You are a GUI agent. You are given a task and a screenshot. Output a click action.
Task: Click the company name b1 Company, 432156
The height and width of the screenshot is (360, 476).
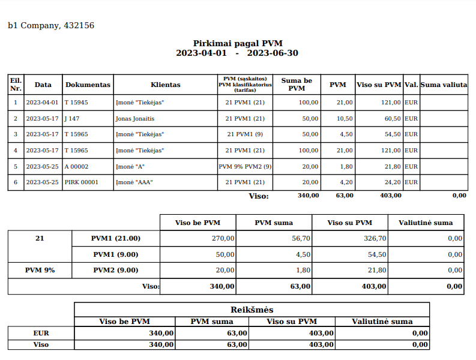tap(51, 25)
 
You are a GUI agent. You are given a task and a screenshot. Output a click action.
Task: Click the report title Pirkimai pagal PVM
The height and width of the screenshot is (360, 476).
tap(238, 43)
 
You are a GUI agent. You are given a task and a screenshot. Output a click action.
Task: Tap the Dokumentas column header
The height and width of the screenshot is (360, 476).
tap(88, 85)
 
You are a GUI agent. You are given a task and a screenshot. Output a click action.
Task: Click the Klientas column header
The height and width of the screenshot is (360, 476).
tap(166, 85)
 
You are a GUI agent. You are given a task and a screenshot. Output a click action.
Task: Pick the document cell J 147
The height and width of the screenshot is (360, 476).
tap(72, 119)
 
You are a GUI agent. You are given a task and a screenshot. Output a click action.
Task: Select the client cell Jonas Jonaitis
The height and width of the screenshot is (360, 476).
tap(135, 119)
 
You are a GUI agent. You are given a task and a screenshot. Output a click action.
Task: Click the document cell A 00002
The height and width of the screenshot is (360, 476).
tap(77, 166)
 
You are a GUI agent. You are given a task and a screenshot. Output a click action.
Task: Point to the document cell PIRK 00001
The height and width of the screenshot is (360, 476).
tap(81, 182)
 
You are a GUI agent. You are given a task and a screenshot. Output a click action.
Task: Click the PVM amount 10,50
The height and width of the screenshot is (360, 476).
tap(345, 119)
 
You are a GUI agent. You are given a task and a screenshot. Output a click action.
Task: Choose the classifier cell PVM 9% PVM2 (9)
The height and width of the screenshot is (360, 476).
tap(245, 166)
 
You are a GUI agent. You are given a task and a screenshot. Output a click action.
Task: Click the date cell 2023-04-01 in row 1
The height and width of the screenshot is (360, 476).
tap(43, 103)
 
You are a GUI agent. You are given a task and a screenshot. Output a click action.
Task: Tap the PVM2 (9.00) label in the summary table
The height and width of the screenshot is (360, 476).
tap(116, 270)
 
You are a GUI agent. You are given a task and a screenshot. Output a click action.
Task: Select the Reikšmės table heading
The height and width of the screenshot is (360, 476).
tap(252, 310)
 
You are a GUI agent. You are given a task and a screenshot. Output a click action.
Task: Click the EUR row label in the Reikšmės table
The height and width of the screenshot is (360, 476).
tap(41, 332)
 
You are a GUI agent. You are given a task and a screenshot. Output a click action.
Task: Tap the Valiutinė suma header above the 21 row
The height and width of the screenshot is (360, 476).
tap(426, 223)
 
